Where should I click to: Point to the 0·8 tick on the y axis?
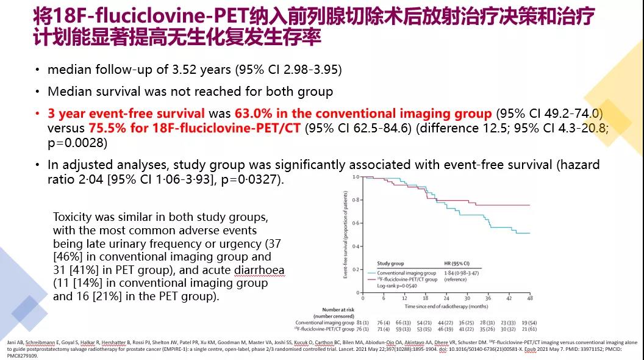pyautogui.click(x=356, y=200)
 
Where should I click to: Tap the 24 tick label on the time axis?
pyautogui.click(x=446, y=298)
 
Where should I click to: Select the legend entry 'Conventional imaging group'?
pyautogui.click(x=407, y=273)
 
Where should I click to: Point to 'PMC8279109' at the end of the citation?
pyautogui.click(x=20, y=355)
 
